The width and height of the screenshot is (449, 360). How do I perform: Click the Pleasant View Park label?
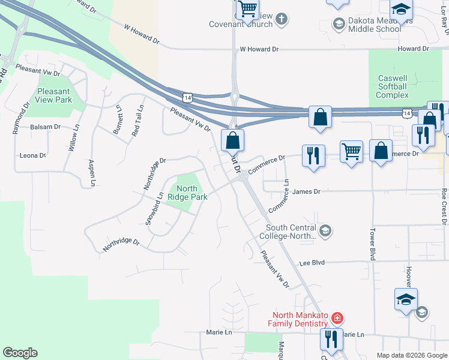coord(53,96)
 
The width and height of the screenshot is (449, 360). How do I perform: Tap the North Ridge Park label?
coord(187,193)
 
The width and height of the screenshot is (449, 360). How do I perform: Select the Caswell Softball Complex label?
coord(393,86)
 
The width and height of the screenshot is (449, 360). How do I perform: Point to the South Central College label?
coord(291,232)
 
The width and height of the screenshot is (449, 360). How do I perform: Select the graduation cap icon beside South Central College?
coord(325,231)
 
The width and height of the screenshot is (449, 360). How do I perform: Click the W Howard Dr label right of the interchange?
coord(260,50)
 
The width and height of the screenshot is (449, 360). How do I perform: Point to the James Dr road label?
coord(307,191)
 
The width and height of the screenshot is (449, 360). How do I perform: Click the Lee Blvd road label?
coord(312,263)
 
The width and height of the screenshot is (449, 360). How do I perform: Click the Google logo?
coord(20,353)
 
